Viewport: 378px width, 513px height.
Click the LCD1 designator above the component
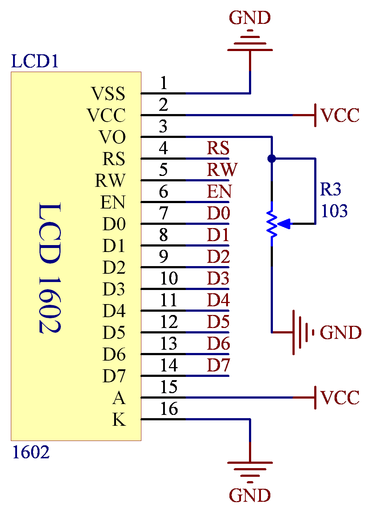point(35,61)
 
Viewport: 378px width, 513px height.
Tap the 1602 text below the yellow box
point(31,452)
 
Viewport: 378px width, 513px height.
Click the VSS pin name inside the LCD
point(108,93)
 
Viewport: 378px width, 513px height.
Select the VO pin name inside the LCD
point(112,137)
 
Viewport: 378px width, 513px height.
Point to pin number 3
point(163,126)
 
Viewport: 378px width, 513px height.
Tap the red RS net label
point(218,148)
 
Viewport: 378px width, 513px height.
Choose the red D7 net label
point(218,365)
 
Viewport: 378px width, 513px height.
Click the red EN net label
point(219,191)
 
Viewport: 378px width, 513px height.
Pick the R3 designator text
point(330,189)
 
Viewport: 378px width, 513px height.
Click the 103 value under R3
point(334,211)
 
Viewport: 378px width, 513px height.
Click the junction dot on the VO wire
point(272,158)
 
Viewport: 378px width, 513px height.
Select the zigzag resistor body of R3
point(272,224)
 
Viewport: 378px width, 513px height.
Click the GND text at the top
point(250,18)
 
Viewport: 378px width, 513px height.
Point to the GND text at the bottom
point(250,495)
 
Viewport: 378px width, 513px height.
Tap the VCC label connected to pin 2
point(340,115)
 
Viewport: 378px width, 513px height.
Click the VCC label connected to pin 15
point(340,398)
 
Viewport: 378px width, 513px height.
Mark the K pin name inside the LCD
point(119,419)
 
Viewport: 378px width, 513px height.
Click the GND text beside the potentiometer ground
point(340,333)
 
